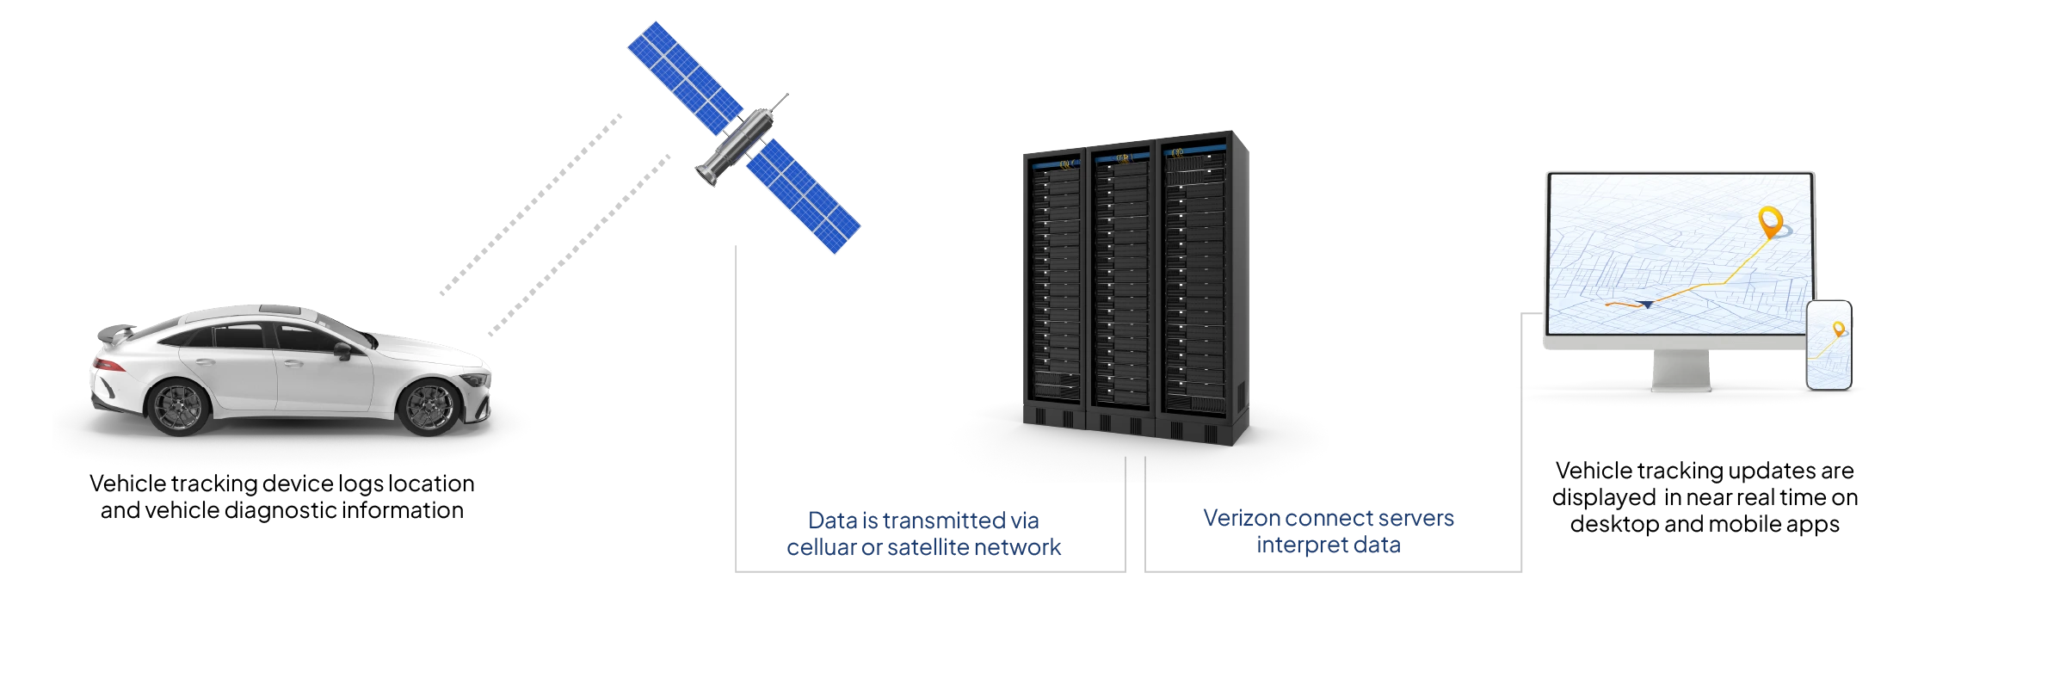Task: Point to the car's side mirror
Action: [342, 351]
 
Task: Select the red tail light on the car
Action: [107, 365]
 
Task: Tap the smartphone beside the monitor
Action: [1829, 344]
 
